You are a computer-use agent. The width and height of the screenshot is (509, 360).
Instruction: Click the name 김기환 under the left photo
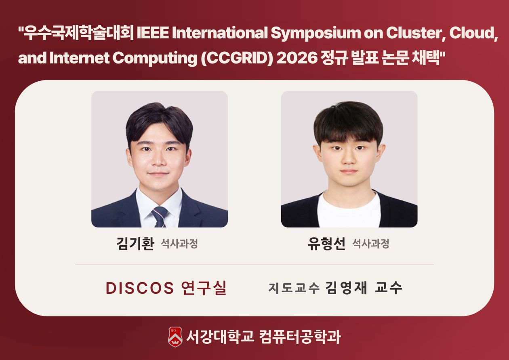[135, 244]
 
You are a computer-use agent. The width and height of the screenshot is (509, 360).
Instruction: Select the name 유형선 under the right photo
[326, 244]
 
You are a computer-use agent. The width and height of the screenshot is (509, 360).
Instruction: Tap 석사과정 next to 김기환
[179, 244]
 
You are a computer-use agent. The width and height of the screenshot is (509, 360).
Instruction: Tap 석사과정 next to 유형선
[370, 244]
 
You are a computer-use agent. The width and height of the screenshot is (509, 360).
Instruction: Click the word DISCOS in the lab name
[140, 288]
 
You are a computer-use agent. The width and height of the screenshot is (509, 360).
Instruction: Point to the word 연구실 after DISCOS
[204, 288]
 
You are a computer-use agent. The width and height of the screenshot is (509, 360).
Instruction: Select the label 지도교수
[294, 288]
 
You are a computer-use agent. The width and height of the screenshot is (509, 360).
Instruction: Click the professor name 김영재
[346, 288]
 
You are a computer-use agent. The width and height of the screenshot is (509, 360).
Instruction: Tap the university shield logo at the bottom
[175, 337]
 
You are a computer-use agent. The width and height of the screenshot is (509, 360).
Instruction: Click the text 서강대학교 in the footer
[220, 337]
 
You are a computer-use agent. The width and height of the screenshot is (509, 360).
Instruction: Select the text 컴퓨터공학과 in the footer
[300, 337]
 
